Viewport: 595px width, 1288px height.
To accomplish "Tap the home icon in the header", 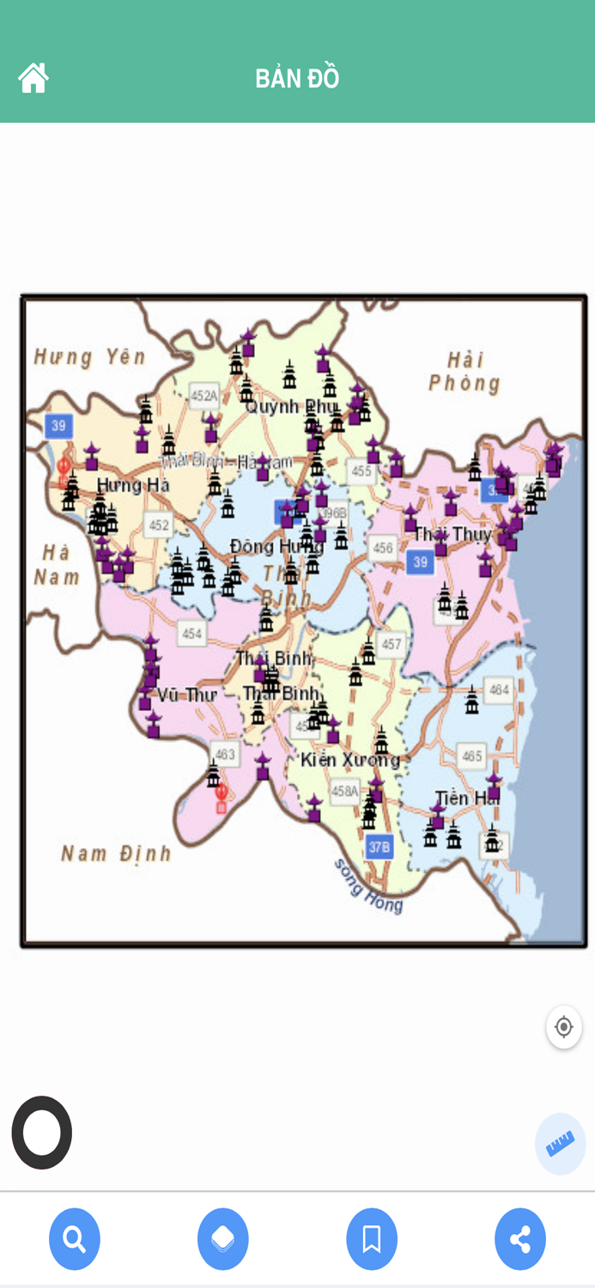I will pyautogui.click(x=33, y=78).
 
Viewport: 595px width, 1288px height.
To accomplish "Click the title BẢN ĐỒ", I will pyautogui.click(x=297, y=79).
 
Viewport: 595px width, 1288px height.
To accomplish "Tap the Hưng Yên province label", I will pyautogui.click(x=89, y=356).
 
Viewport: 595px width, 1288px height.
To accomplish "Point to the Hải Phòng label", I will pyautogui.click(x=464, y=371).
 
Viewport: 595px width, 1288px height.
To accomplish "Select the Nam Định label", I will pyautogui.click(x=116, y=854).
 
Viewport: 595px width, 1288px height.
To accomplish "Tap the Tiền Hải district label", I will pyautogui.click(x=464, y=798).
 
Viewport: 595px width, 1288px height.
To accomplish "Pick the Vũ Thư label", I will pyautogui.click(x=185, y=695).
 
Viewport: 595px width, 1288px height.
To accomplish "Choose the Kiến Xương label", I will pyautogui.click(x=349, y=760).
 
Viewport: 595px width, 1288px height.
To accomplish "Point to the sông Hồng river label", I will pyautogui.click(x=368, y=885).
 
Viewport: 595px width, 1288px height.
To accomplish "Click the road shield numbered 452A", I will pyautogui.click(x=204, y=396).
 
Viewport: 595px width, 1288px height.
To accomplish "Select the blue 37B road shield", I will pyautogui.click(x=379, y=847).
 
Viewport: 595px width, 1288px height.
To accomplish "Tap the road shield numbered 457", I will pyautogui.click(x=392, y=644).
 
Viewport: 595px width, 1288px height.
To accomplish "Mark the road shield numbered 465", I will pyautogui.click(x=472, y=756).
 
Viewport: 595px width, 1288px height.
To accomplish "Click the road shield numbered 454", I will pyautogui.click(x=191, y=634).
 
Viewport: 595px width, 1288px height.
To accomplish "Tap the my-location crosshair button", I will pyautogui.click(x=564, y=1027).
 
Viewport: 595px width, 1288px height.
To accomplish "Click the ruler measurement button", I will pyautogui.click(x=561, y=1144).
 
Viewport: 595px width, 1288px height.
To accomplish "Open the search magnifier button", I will pyautogui.click(x=75, y=1239).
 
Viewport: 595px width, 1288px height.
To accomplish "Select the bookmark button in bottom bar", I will pyautogui.click(x=372, y=1239).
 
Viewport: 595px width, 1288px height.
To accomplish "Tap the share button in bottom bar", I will pyautogui.click(x=520, y=1239).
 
